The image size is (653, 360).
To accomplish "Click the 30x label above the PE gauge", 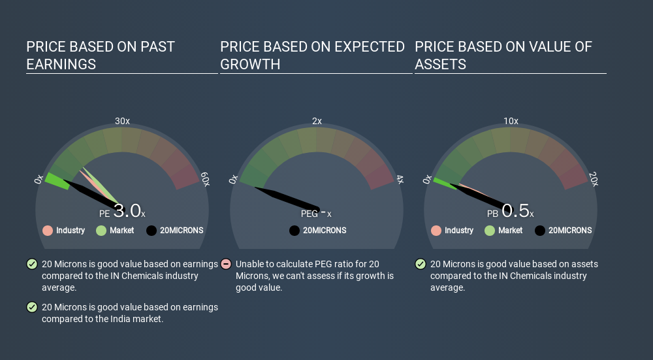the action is click(122, 121).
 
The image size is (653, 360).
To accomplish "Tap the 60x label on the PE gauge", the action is click(205, 179).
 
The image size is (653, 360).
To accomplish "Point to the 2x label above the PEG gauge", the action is click(317, 121).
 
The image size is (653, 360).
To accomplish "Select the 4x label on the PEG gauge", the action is click(400, 179).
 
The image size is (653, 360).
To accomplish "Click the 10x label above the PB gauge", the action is click(511, 121).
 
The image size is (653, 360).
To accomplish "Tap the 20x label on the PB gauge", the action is click(594, 179).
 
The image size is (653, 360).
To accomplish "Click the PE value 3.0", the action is click(127, 211).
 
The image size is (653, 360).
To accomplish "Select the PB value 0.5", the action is click(516, 211).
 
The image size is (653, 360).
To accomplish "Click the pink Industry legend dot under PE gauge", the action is click(48, 231).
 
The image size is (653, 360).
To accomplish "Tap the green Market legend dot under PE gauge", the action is click(101, 231).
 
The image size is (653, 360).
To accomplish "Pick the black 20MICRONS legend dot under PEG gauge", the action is click(295, 231).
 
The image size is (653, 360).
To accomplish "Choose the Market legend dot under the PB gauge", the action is click(490, 231).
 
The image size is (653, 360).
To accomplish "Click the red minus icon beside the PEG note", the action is click(226, 264).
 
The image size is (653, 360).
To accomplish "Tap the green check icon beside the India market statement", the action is click(32, 307).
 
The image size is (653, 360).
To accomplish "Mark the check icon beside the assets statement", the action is click(421, 264).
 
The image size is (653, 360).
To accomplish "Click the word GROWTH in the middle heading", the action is click(250, 65).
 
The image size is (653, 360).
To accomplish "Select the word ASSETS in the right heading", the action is click(441, 65).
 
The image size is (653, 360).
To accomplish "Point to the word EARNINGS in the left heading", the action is click(61, 65).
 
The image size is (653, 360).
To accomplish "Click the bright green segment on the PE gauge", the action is click(57, 181).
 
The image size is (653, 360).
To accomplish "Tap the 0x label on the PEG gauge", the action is click(233, 179).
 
